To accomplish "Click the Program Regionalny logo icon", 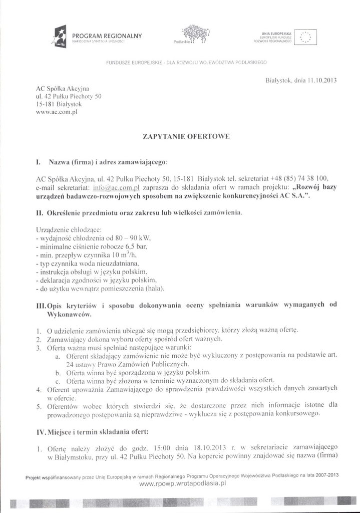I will [x=60, y=37].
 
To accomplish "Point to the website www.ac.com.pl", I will [x=58, y=113].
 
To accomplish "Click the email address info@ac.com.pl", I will [x=116, y=187].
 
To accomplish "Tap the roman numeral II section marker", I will [x=40, y=213].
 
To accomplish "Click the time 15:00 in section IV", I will [x=164, y=446].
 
